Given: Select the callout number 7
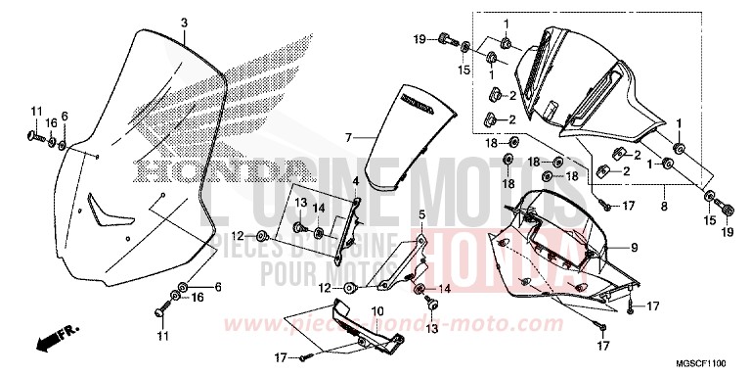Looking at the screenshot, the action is click(346, 139).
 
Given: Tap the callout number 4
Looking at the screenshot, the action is click(356, 181).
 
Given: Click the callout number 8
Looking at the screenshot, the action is click(664, 207).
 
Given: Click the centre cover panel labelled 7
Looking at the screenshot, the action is click(411, 137).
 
